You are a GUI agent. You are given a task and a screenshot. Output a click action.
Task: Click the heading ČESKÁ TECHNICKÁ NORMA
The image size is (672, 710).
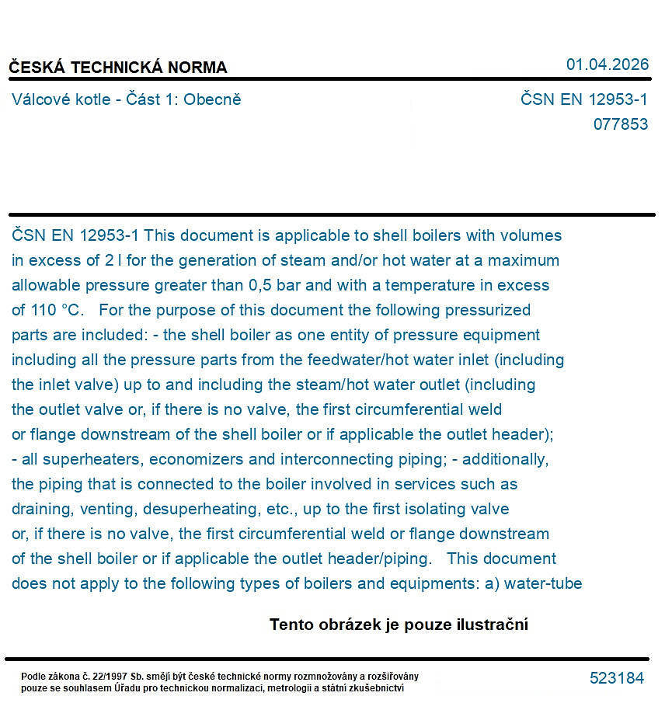(x=118, y=68)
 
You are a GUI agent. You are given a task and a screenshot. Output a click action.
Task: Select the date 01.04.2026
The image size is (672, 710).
(x=607, y=64)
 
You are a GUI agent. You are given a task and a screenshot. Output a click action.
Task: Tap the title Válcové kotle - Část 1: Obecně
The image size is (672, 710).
(x=127, y=99)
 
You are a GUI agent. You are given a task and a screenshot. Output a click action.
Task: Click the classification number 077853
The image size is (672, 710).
(x=620, y=124)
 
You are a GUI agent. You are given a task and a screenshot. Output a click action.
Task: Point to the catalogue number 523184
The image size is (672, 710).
(x=617, y=678)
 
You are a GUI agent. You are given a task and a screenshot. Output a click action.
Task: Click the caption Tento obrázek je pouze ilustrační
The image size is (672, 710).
(x=399, y=625)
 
